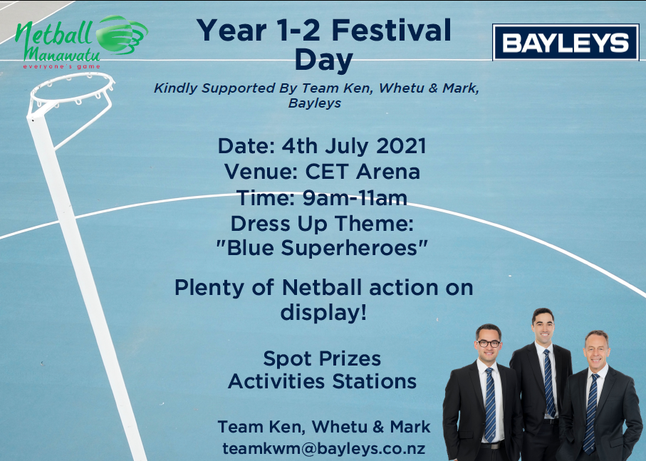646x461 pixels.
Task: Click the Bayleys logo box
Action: (x=566, y=42)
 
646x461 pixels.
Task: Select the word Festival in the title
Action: (x=392, y=31)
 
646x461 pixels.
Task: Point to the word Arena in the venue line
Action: (x=388, y=172)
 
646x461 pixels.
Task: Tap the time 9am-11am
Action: (x=355, y=198)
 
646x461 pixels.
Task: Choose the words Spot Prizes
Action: (x=322, y=359)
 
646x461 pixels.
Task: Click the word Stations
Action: (x=375, y=381)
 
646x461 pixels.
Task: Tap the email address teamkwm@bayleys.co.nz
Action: (x=324, y=448)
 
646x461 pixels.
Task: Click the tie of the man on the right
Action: (x=590, y=412)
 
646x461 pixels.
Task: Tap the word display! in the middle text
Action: (x=323, y=313)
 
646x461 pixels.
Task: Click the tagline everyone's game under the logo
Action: (x=62, y=66)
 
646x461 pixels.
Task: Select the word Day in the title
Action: (x=324, y=60)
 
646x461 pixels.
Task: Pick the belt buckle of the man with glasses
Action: (x=491, y=446)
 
